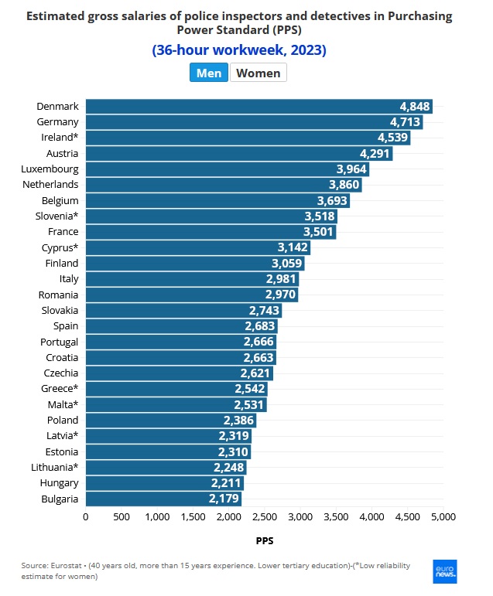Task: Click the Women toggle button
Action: pos(258,73)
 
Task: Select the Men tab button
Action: pos(209,73)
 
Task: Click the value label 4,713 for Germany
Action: pos(406,121)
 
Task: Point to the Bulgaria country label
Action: pos(59,499)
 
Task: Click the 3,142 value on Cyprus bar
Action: pos(293,247)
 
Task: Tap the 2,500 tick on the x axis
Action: pos(264,516)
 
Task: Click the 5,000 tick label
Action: pos(443,516)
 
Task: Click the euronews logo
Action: pos(445,571)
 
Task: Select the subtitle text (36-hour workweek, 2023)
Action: pos(239,50)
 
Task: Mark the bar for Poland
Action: pos(170,421)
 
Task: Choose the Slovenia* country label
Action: pos(55,216)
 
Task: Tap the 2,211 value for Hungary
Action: pos(226,483)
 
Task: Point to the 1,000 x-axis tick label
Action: pos(156,516)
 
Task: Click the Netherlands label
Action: pos(50,185)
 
